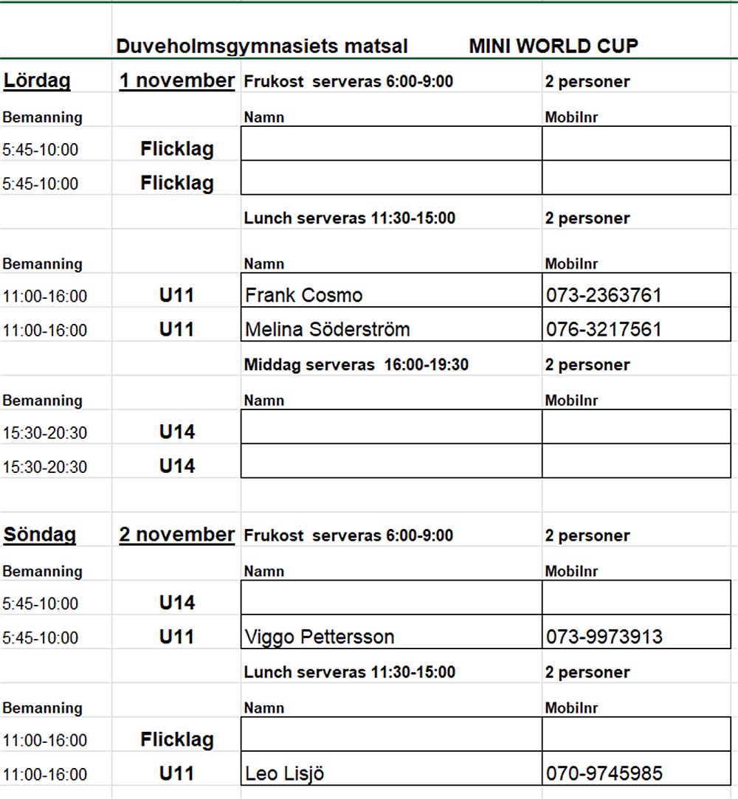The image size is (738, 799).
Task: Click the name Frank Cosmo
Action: [304, 296]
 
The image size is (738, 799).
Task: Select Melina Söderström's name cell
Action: [327, 330]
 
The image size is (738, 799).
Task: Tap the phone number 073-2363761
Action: [604, 296]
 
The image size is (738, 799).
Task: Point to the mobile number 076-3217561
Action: [604, 330]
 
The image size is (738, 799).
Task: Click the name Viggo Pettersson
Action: [320, 637]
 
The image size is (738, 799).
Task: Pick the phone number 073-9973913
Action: [604, 637]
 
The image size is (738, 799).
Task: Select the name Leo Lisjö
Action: [285, 774]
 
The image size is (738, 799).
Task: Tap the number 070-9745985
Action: [604, 774]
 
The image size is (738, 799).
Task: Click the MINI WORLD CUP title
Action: [553, 46]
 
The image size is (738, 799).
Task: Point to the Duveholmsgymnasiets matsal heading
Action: [262, 46]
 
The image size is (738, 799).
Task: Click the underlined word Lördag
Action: [37, 80]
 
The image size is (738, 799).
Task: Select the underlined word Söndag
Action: [40, 535]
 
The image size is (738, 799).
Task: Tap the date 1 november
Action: [177, 80]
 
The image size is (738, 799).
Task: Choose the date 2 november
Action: [177, 535]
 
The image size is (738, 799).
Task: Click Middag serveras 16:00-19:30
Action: [356, 365]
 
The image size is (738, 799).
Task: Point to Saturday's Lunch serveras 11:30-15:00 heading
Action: [349, 218]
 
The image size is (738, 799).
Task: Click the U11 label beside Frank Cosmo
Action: [177, 296]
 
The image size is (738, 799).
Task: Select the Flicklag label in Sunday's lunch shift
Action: [177, 740]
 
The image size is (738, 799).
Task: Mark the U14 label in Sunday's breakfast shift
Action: [177, 603]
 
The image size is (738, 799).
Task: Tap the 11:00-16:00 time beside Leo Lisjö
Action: [44, 775]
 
